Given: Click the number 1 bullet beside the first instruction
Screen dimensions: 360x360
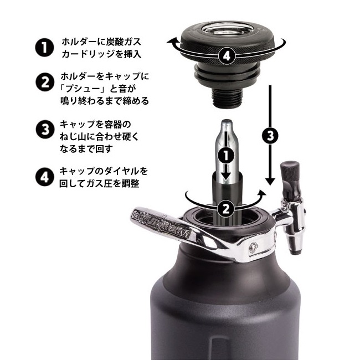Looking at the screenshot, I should (x=44, y=47).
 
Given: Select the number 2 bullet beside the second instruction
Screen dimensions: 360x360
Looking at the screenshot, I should (x=44, y=84).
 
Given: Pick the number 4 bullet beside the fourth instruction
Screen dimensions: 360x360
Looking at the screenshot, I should (x=44, y=178).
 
